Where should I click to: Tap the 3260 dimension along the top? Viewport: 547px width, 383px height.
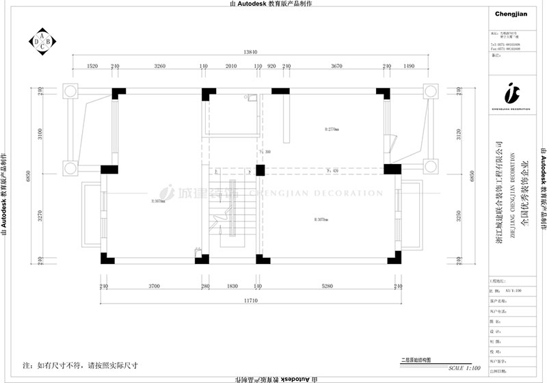[x=159, y=66]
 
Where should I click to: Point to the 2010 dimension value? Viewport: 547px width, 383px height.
[x=230, y=66]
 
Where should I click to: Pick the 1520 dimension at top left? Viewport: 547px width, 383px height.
[x=92, y=66]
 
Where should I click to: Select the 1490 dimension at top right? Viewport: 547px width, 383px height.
[x=409, y=66]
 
